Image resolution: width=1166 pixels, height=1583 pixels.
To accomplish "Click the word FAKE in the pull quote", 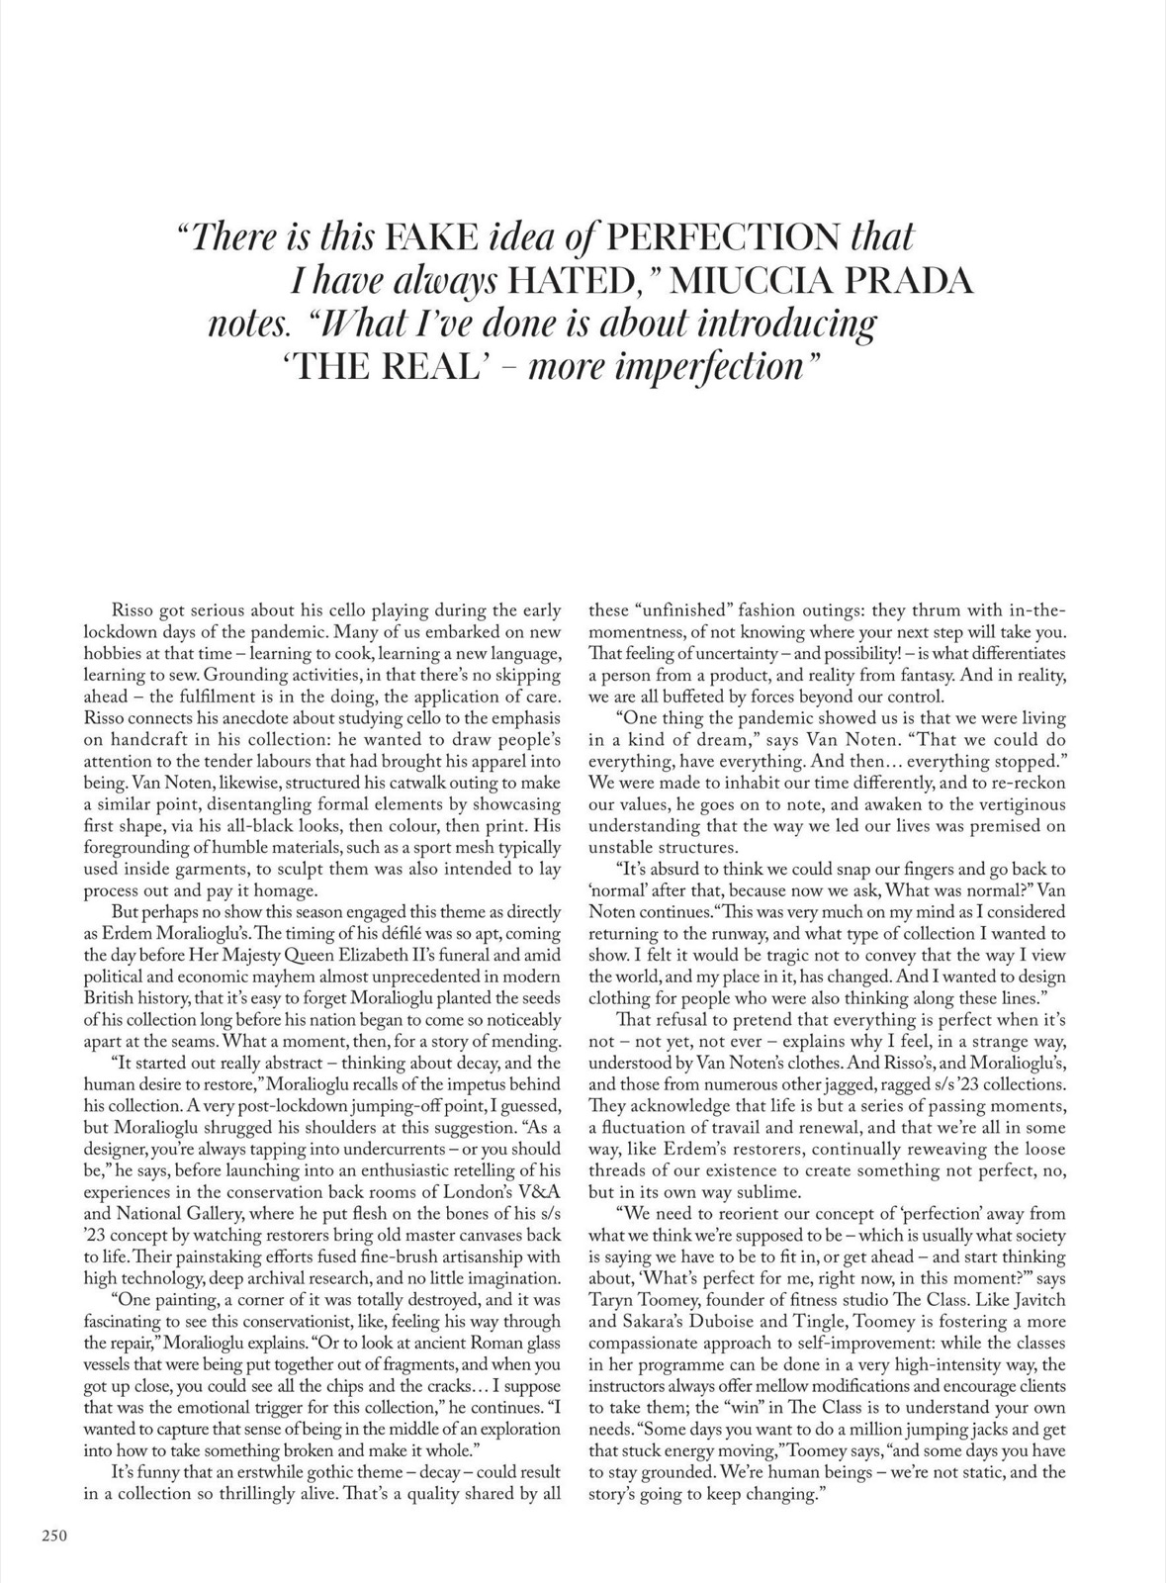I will click(x=430, y=238).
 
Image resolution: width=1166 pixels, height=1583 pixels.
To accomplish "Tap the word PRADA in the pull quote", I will click(x=911, y=282).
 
